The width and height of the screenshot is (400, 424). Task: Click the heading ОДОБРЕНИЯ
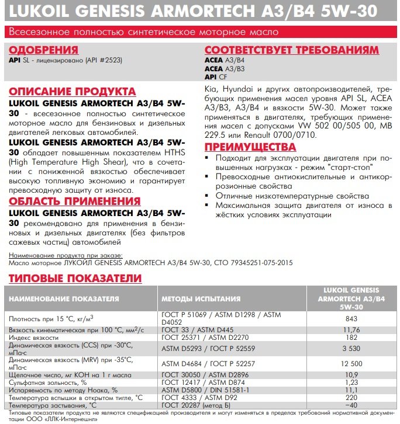44,50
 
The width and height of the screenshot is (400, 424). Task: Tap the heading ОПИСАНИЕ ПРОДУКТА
73,92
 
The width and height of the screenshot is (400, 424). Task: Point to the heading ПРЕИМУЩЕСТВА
250,146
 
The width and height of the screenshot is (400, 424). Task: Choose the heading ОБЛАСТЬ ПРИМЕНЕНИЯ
75,201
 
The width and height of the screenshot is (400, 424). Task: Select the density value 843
351,318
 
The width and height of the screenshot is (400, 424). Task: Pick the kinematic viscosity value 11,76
351,329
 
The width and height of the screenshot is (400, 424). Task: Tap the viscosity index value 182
351,338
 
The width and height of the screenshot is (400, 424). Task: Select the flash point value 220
351,397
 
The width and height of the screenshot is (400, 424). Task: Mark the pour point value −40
351,405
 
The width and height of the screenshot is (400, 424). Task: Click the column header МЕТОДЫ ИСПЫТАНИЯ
201,299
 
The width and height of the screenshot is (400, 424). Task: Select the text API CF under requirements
216,77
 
